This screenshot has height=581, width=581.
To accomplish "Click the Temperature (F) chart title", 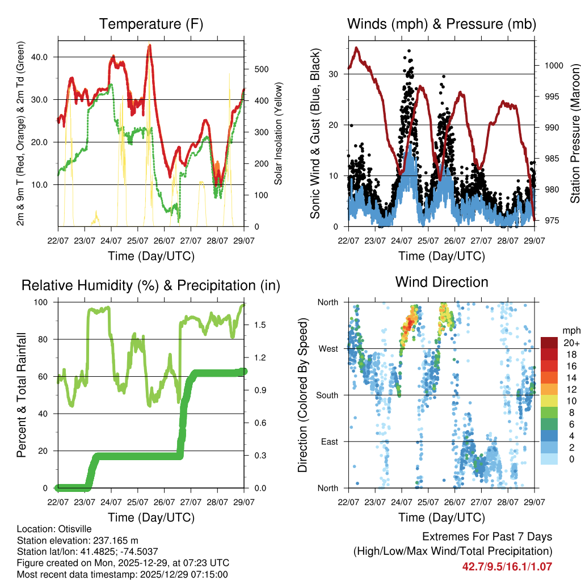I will tap(151, 24).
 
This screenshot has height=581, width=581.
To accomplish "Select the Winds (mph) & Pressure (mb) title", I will tap(441, 24).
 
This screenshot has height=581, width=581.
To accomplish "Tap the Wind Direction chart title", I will tap(441, 282).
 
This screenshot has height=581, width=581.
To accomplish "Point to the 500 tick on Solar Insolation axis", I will tap(260, 69).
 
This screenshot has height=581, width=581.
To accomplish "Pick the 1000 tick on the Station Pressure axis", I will tap(553, 65).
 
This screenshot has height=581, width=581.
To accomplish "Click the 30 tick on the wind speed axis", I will tap(332, 74).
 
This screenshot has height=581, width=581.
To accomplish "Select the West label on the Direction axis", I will tap(329, 348).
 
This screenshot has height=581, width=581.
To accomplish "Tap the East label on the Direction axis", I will tap(330, 441).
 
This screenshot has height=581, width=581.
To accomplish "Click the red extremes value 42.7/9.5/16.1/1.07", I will tap(507, 566).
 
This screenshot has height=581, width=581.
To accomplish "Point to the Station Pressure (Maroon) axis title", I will tap(575, 133).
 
